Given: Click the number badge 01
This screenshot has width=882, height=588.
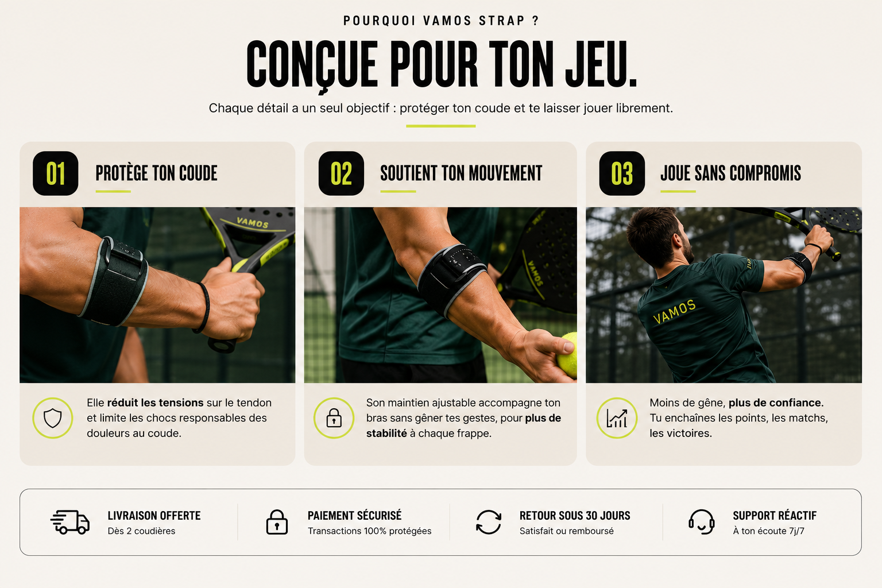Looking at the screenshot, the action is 56,173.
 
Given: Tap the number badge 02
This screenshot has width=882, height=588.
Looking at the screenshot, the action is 341,173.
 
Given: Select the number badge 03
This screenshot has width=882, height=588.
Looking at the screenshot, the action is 622,173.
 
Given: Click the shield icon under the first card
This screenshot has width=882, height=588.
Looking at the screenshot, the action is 53,418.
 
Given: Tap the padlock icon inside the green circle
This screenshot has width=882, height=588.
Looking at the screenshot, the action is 334,418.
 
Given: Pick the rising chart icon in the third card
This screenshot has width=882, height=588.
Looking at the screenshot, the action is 617,418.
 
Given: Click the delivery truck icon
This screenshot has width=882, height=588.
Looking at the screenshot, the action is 70,522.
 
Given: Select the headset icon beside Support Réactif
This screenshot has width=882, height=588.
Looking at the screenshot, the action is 701,522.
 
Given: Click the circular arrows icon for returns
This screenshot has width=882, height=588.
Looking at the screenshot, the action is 489,522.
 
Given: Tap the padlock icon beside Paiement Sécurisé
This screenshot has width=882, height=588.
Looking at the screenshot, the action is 277,522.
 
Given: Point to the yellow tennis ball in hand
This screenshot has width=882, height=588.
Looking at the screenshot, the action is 567,355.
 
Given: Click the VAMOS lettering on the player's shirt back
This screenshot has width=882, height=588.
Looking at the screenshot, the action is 674,312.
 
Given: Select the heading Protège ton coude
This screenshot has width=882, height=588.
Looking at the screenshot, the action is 156,173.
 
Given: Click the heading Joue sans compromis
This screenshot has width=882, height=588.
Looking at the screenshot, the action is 731,173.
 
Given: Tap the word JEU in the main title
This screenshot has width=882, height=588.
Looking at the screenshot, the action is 601,64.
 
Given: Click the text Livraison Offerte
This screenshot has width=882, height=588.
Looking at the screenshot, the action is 154,516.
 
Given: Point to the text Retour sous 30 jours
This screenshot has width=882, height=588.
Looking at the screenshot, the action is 575,516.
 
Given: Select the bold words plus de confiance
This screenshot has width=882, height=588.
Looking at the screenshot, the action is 776,403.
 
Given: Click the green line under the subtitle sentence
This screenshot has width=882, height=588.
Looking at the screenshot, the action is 441,126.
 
